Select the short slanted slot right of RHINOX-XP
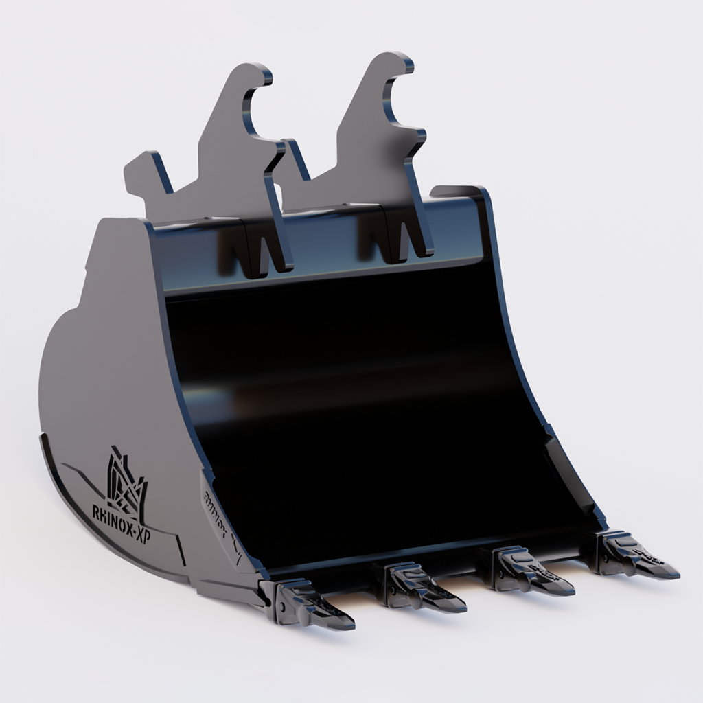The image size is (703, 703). coord(180,549)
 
